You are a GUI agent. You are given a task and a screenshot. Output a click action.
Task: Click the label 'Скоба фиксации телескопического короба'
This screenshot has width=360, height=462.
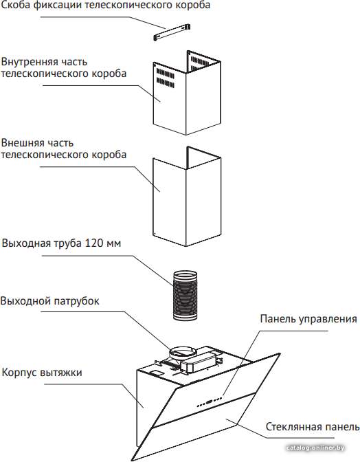tap(105, 5)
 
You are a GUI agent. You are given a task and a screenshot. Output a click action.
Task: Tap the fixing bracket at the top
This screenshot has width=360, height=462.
tap(172, 32)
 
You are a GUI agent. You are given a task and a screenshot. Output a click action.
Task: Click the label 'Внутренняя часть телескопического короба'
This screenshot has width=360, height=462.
tap(64, 68)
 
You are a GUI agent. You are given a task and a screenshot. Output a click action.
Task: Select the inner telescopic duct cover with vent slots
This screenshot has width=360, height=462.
tap(187, 93)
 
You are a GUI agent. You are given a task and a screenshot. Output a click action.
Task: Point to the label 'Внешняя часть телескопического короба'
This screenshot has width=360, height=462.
tap(64, 148)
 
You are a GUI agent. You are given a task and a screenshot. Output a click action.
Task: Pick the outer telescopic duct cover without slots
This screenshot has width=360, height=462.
tap(187, 197)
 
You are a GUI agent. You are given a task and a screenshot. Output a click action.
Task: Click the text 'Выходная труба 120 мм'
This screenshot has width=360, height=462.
tap(61, 243)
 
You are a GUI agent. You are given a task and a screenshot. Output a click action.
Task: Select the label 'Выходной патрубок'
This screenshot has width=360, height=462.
tap(49, 301)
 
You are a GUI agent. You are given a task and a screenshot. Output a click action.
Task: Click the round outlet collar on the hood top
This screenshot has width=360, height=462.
tap(182, 352)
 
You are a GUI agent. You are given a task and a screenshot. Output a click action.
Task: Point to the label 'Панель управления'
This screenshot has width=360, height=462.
tap(308, 319)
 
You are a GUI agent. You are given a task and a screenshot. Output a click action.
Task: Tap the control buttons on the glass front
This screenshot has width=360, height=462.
tap(210, 402)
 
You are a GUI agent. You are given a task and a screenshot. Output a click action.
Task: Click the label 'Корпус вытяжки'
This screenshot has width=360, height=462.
tap(42, 373)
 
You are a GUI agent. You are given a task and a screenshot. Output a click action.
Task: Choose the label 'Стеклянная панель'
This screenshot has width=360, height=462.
tap(313, 427)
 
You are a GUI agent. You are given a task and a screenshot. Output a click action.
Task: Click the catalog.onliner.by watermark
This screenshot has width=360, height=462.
tap(315, 448)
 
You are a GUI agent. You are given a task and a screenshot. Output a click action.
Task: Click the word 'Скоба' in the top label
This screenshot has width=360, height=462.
tap(15, 5)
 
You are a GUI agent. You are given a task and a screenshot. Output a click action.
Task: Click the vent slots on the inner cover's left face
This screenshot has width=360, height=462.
tap(165, 78)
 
